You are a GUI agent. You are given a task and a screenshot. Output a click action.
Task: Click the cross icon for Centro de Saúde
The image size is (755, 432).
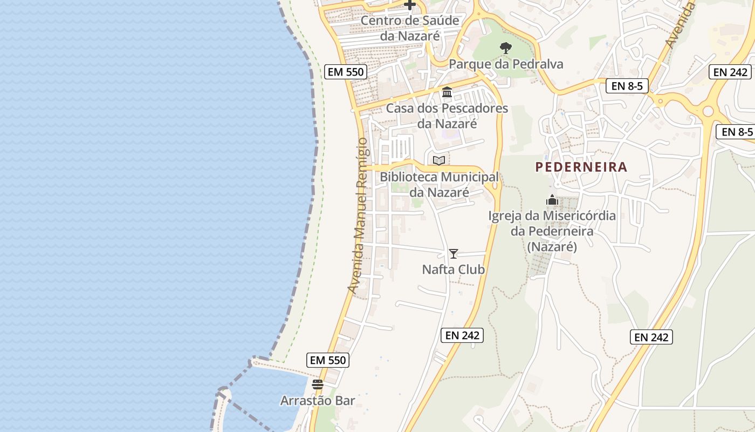click(x=410, y=5)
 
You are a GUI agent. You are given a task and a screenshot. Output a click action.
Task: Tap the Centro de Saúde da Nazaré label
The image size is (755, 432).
click(x=410, y=28)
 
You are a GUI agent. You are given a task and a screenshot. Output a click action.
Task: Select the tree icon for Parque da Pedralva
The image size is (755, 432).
click(x=505, y=48)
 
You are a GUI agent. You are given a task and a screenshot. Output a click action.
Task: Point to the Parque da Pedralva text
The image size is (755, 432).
click(x=505, y=64)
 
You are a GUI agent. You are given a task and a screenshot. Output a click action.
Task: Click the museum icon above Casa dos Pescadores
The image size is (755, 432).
click(x=447, y=92)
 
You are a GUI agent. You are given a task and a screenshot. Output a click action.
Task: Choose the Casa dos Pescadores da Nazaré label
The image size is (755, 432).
click(x=447, y=116)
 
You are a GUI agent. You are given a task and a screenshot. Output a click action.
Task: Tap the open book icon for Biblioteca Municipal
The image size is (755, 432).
click(x=439, y=160)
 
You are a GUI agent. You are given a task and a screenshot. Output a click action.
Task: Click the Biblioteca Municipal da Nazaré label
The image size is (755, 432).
click(x=439, y=184)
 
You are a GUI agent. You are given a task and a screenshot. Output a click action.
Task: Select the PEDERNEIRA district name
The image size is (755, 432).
click(x=581, y=167)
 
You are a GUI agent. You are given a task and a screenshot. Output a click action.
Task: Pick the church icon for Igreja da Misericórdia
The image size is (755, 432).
click(x=552, y=200)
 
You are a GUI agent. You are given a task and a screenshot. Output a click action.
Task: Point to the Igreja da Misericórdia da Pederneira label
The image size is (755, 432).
click(x=552, y=231)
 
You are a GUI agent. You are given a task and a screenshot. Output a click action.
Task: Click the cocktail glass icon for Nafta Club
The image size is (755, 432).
click(x=454, y=253)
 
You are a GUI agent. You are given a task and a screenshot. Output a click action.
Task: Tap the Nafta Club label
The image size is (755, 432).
click(x=454, y=269)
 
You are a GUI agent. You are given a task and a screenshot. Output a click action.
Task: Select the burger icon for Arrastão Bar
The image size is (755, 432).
click(x=317, y=384)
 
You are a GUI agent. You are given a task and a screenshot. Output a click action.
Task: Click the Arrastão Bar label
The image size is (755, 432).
click(x=317, y=401)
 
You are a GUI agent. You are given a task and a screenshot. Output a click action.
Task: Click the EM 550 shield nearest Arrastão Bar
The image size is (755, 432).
click(x=328, y=360)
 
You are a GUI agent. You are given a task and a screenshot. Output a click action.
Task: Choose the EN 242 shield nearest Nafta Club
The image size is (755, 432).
click(x=462, y=335)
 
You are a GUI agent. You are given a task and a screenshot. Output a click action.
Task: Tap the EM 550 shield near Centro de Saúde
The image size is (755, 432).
click(x=346, y=71)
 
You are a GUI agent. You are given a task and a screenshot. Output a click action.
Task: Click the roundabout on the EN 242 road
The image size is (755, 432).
click(x=708, y=111)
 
